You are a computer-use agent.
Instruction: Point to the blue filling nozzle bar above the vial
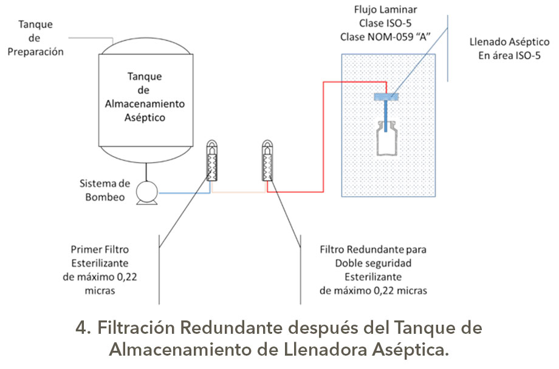click(x=386, y=96)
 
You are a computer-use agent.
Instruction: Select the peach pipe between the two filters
click(x=239, y=193)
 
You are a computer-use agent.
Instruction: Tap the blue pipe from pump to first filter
click(x=182, y=193)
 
